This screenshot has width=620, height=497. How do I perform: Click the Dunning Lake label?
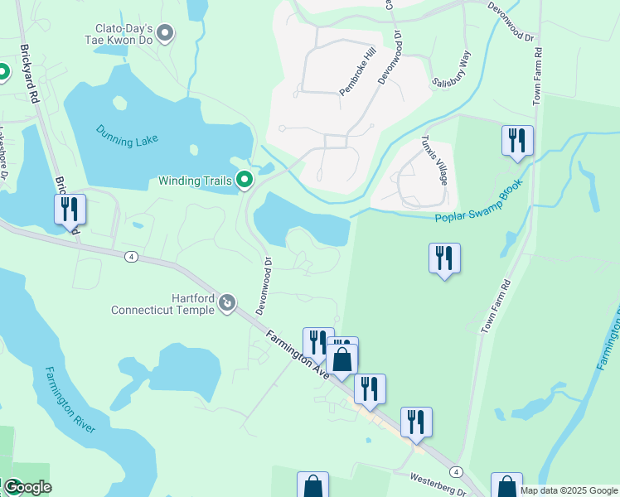(127, 135)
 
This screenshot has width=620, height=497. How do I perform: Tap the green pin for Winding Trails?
(245, 180)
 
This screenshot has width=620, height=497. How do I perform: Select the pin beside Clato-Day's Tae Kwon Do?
(165, 34)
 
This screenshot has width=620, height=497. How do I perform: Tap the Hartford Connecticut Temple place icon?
(227, 306)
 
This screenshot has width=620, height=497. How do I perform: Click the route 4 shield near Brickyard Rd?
(132, 257)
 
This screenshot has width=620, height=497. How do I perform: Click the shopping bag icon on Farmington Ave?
(341, 360)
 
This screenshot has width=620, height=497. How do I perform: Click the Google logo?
(27, 487)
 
